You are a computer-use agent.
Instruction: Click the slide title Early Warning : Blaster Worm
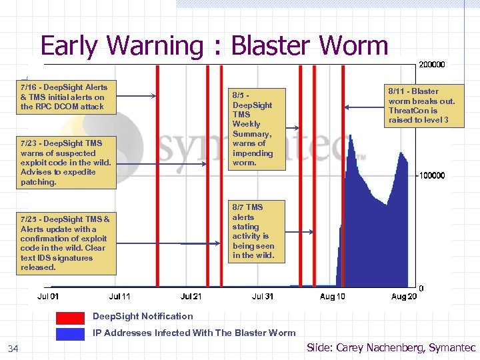point(214,45)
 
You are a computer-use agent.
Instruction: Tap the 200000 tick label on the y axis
point(431,65)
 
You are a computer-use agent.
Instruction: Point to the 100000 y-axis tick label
point(431,175)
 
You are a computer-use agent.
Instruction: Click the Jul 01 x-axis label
point(48,296)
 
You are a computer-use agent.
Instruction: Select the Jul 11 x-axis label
point(120,296)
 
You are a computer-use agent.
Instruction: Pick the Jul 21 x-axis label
point(192,296)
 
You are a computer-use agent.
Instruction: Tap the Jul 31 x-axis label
point(263,296)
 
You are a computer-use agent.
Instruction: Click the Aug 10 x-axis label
point(332,296)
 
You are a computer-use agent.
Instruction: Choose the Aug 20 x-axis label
point(403,296)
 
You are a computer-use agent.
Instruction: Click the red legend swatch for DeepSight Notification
point(70,317)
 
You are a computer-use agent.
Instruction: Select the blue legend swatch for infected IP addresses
point(70,333)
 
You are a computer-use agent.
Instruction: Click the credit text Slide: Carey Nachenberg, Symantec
point(391,347)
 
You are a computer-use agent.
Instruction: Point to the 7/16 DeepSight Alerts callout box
point(64,97)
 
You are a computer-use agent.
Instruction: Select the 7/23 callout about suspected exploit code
point(66,162)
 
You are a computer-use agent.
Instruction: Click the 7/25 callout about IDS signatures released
point(66,243)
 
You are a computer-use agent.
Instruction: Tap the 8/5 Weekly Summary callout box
point(253,129)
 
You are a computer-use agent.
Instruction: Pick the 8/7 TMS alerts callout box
point(253,231)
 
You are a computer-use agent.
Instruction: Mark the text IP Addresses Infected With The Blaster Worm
point(194,333)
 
